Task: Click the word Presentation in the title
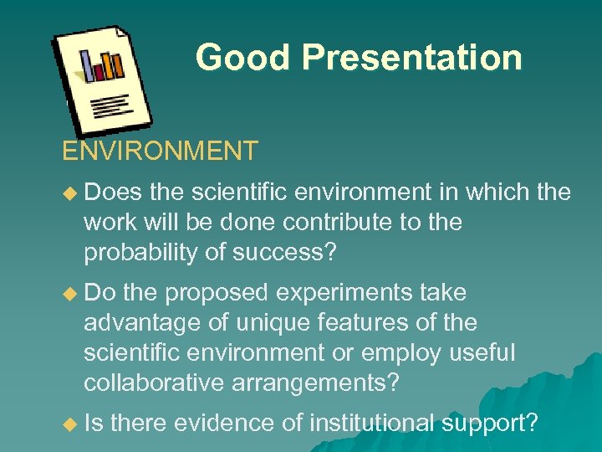point(411,58)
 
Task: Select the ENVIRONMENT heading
point(160,152)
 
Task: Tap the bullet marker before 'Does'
point(69,193)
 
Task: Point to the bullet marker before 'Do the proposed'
point(69,294)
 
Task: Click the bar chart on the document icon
point(101,64)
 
